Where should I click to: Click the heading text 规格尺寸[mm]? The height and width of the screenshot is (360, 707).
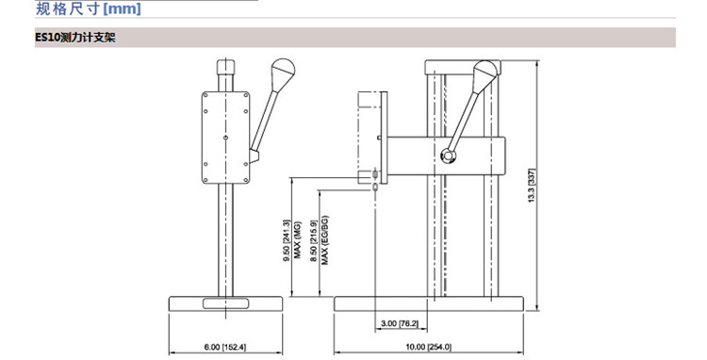pyautogui.click(x=89, y=9)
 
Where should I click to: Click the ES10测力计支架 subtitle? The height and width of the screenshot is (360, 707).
pyautogui.click(x=75, y=38)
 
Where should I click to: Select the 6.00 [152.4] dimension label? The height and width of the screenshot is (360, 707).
pyautogui.click(x=225, y=347)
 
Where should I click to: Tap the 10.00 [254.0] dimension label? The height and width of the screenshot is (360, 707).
pyautogui.click(x=428, y=347)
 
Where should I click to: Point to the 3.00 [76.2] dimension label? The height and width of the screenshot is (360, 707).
pyautogui.click(x=400, y=323)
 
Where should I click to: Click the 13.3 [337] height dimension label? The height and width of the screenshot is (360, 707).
pyautogui.click(x=532, y=186)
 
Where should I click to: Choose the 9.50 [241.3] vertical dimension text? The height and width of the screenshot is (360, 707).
pyautogui.click(x=287, y=241)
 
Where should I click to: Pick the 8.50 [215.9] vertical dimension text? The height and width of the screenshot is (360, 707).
pyautogui.click(x=314, y=241)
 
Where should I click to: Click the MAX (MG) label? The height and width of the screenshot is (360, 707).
pyautogui.click(x=297, y=241)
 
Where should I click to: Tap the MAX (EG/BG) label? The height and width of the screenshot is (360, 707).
pyautogui.click(x=324, y=240)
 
